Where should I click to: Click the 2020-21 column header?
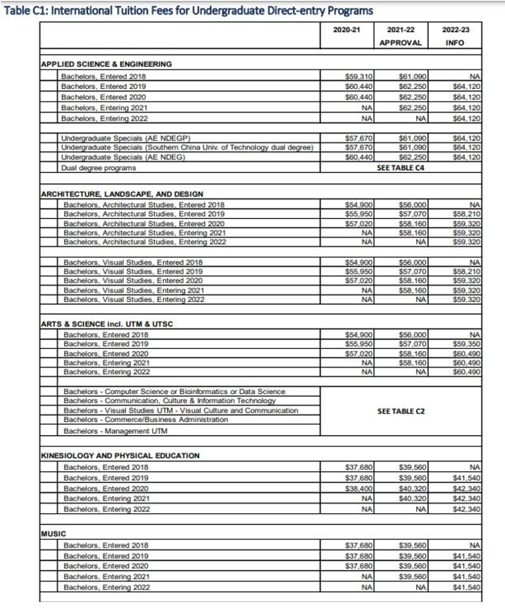(346, 30)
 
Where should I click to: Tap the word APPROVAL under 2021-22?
(401, 43)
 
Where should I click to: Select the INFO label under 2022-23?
(455, 43)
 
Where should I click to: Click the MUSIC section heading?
(54, 534)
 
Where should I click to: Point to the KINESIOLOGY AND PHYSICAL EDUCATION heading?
(120, 456)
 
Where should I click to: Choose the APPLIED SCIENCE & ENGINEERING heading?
(106, 64)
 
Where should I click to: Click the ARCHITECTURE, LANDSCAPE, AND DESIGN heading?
(122, 194)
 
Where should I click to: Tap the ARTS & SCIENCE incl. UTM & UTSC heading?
(107, 324)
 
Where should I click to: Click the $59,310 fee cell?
(359, 76)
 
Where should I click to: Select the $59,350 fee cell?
(467, 344)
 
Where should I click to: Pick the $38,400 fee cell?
(359, 488)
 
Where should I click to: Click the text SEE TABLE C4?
(401, 168)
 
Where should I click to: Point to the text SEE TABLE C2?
(401, 411)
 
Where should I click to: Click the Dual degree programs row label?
(99, 168)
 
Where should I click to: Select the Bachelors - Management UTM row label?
(115, 431)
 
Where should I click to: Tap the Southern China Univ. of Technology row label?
(187, 148)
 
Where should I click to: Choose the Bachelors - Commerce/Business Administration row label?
(146, 420)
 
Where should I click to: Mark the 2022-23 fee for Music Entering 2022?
(467, 587)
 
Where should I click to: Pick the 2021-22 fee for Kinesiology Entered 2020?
(412, 488)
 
